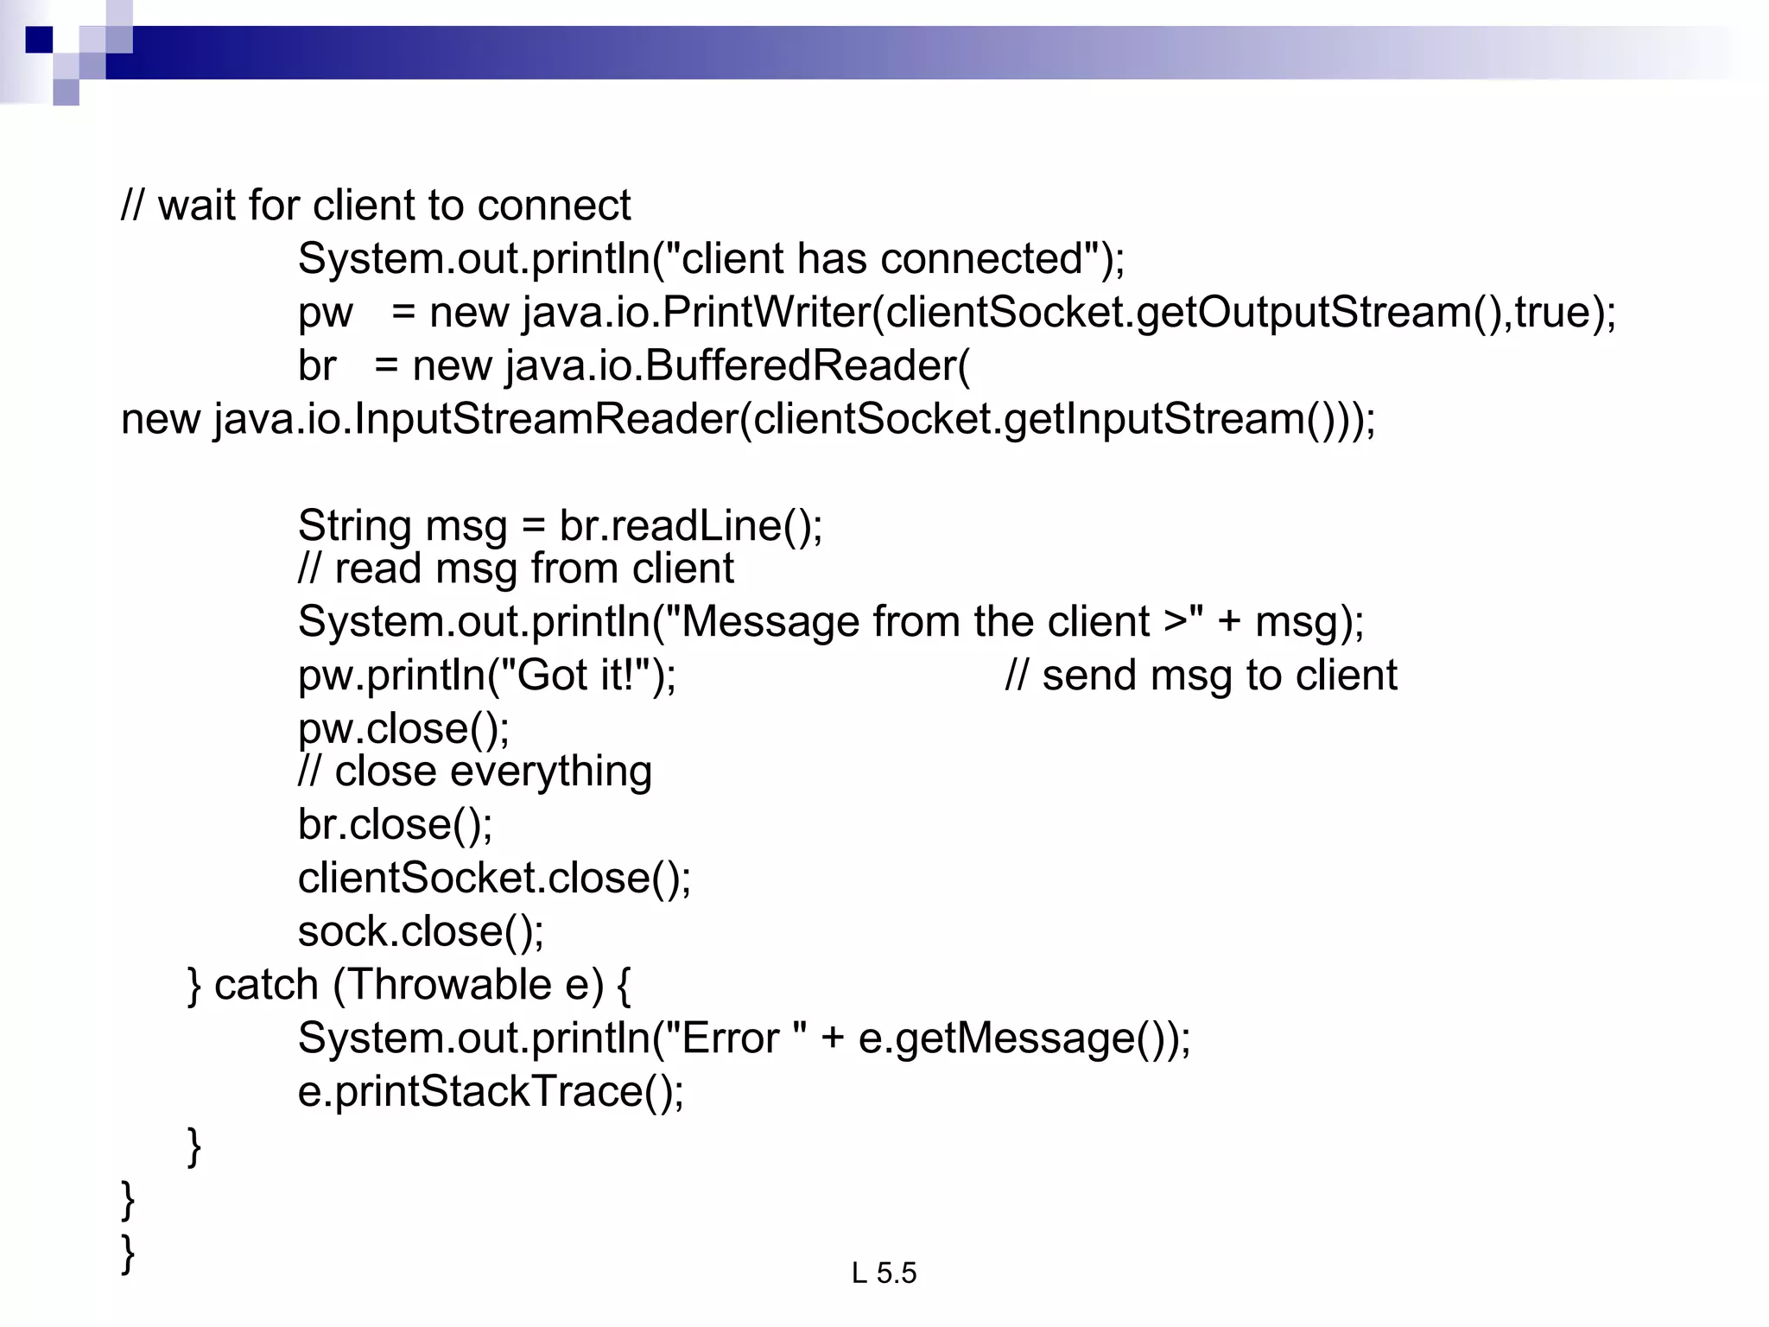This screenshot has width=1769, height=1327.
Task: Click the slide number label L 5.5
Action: [884, 1273]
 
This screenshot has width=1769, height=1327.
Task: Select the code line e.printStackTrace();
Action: [491, 1091]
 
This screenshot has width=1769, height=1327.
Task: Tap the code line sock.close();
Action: [421, 931]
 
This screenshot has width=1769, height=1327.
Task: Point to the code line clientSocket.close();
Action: [494, 878]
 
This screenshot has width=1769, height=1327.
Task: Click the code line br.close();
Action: [395, 824]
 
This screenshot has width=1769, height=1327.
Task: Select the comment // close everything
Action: [474, 771]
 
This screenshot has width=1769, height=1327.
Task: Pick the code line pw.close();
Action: [403, 728]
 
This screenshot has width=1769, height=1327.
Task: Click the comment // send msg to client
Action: [1201, 675]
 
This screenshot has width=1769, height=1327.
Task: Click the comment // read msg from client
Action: [516, 568]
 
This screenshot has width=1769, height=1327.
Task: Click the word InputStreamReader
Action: [546, 419]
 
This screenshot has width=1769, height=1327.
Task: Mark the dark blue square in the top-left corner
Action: [39, 40]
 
